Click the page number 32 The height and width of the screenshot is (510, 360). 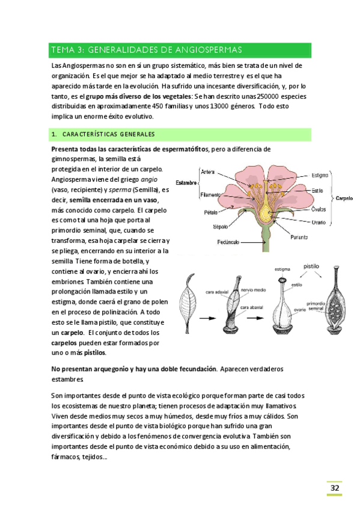334,488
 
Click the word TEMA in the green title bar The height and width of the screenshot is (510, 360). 63,50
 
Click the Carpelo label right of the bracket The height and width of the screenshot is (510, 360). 344,198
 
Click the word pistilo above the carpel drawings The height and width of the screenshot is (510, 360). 311,265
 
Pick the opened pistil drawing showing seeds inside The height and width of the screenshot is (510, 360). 334,307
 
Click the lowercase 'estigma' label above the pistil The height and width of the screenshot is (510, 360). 283,269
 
